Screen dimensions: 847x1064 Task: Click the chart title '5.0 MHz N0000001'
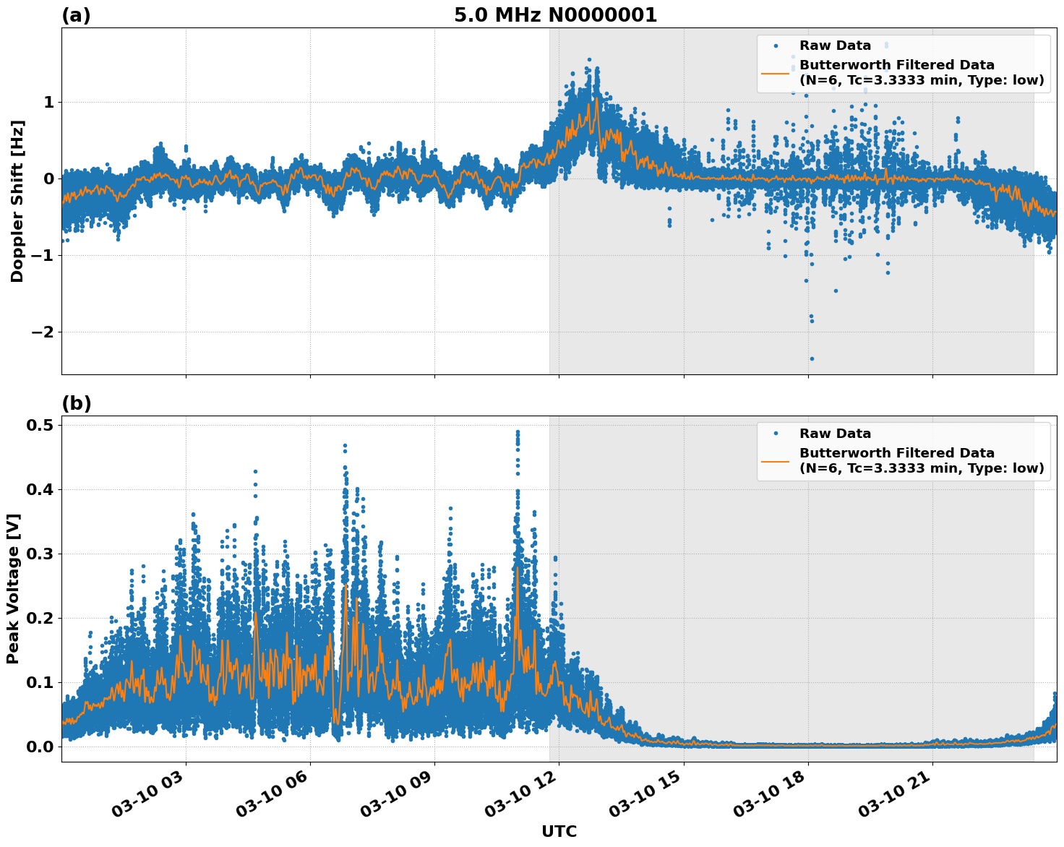(x=555, y=15)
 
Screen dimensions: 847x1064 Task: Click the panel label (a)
(x=76, y=15)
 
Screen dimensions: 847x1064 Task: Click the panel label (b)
(x=76, y=403)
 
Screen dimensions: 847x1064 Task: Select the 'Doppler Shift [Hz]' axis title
(x=17, y=201)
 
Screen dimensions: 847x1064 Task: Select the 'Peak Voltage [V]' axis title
(x=13, y=588)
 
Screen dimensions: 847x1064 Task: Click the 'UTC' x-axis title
(x=559, y=831)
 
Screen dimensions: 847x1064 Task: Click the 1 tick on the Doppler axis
(x=48, y=102)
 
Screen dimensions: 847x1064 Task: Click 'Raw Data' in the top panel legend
(x=835, y=46)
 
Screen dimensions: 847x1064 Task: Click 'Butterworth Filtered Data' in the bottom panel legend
(x=896, y=453)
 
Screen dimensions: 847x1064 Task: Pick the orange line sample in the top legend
(x=775, y=72)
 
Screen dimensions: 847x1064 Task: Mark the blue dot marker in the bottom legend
(x=775, y=434)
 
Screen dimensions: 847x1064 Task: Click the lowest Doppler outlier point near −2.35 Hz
(x=812, y=358)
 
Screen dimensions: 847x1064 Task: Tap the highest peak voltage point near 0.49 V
(x=518, y=432)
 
